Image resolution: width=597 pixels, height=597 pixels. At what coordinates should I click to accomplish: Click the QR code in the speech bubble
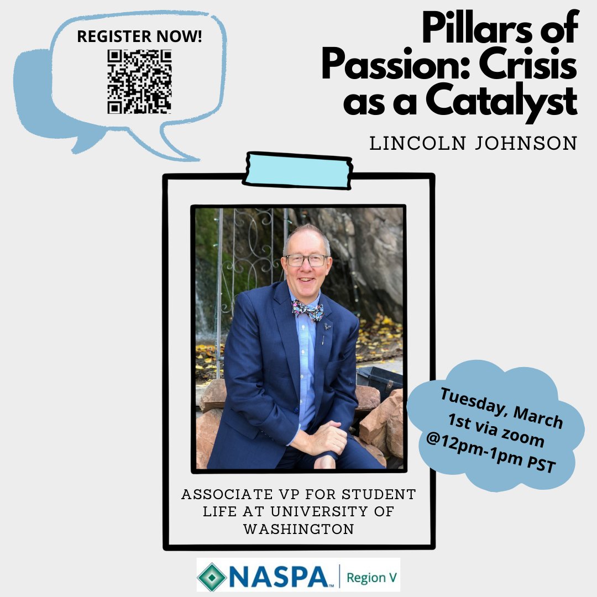point(139,81)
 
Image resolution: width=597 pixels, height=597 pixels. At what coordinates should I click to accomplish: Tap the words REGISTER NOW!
point(140,36)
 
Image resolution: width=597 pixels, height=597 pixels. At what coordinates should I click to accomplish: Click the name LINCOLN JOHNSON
point(473,144)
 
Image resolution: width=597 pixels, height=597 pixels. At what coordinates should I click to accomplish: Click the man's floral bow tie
point(307,310)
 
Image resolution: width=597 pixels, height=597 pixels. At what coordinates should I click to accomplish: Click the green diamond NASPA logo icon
point(212,577)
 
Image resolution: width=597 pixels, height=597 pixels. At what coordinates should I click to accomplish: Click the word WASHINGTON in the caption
point(298,529)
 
